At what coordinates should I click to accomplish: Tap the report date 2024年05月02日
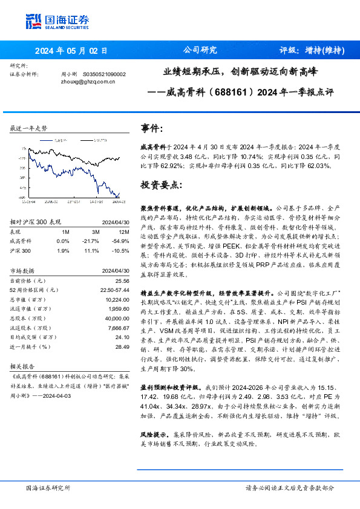tap(71, 51)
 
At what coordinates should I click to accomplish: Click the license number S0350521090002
tap(104, 74)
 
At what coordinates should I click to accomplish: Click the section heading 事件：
tap(152, 129)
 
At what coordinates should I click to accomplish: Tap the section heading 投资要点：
tap(160, 184)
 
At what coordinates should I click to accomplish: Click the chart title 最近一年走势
tap(28, 129)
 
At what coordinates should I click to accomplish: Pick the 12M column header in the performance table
tap(125, 231)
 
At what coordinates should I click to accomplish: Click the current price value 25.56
tap(123, 281)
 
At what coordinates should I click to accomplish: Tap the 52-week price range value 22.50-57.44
tap(115, 290)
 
